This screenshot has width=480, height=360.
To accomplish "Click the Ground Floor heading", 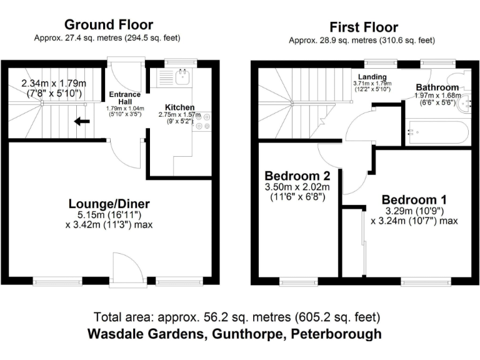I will tap(109, 25).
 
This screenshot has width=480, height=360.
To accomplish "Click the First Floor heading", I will tap(364, 27).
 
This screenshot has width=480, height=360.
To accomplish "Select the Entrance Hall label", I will tap(125, 97).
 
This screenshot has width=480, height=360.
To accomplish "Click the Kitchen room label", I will tap(179, 107).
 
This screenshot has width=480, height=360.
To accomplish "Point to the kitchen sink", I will tap(183, 77).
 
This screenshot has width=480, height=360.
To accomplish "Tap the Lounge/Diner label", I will tap(109, 204).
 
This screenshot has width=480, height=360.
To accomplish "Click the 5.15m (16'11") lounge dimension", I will tap(109, 215).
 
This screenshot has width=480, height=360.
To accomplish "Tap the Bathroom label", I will tap(437, 87).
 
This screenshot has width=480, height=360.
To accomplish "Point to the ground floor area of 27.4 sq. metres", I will tap(107, 37).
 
